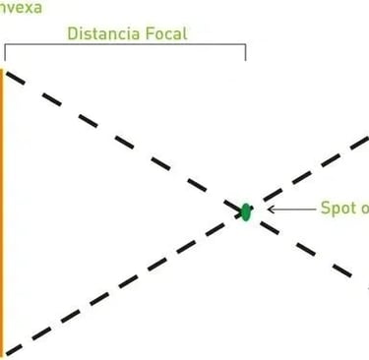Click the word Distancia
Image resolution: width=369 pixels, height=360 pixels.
pos(103,33)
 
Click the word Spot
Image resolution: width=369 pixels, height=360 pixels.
pos(338,209)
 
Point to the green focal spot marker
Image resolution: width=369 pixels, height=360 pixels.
pos(246,211)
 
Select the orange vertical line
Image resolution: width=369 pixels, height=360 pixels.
pos(3,211)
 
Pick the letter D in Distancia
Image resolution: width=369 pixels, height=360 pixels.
pos(72,33)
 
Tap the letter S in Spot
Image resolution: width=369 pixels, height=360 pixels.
pos(326,209)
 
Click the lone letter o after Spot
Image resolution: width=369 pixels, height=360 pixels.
pos(363,210)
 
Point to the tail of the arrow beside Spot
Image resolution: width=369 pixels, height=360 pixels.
pos(312,210)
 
